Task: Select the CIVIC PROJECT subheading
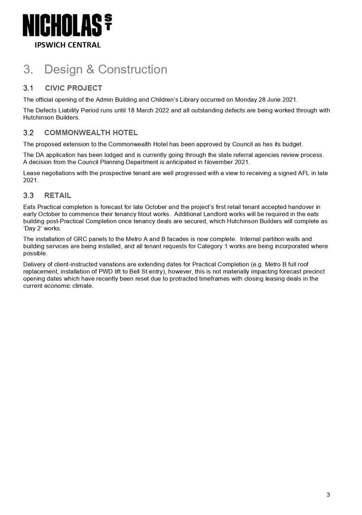[x=73, y=88]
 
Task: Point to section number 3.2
[x=28, y=133]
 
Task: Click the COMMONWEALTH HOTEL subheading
[x=90, y=133]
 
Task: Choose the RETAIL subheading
[x=57, y=195]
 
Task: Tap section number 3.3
[x=28, y=195]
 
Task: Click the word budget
[x=293, y=144]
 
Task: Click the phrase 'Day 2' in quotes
[x=33, y=229]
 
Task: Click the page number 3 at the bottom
[x=328, y=495]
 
